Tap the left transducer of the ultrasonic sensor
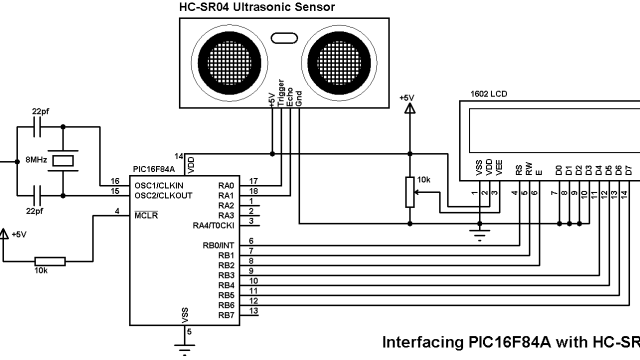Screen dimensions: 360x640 tap(229, 57)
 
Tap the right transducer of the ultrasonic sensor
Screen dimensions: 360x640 tap(340, 57)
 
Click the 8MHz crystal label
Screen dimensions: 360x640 tap(36, 160)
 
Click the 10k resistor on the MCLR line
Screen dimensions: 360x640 tap(50, 261)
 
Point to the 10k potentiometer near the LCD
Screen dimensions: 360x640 tap(408, 190)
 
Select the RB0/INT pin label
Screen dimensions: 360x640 tap(218, 245)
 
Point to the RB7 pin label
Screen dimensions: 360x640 tap(225, 315)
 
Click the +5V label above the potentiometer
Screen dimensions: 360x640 tap(405, 98)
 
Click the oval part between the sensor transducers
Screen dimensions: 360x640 tap(284, 39)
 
